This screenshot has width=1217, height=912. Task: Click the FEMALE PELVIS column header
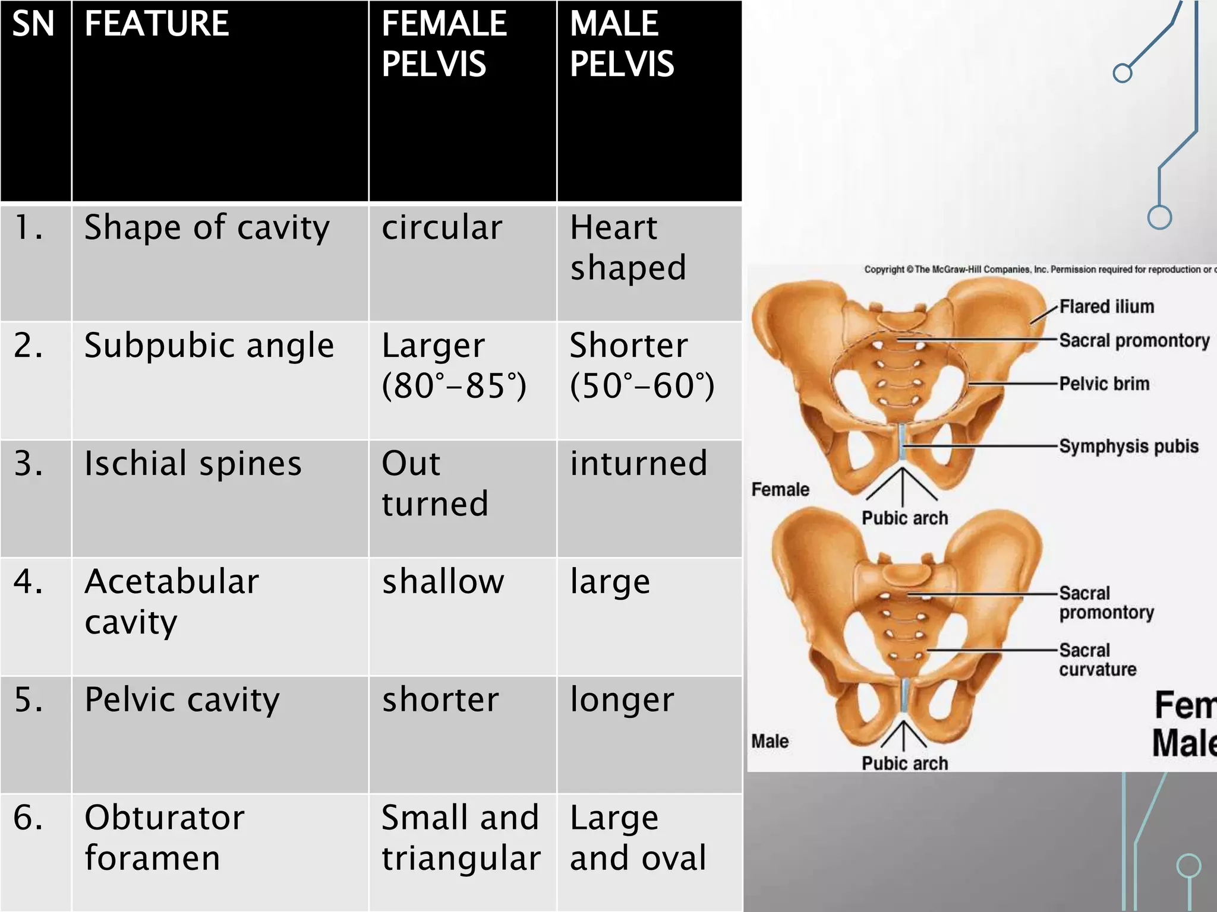pyautogui.click(x=444, y=44)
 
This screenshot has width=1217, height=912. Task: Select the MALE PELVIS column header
pyautogui.click(x=622, y=44)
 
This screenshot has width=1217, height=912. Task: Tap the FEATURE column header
pyautogui.click(x=156, y=24)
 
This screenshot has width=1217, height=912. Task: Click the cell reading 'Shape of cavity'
pyautogui.click(x=207, y=228)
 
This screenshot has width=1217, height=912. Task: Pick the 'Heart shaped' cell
pyautogui.click(x=628, y=247)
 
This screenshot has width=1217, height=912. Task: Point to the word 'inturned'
pyautogui.click(x=639, y=464)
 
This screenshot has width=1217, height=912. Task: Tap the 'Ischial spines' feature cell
pyautogui.click(x=193, y=464)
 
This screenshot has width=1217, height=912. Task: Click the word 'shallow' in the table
pyautogui.click(x=443, y=581)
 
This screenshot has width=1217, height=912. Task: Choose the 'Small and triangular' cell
pyautogui.click(x=461, y=838)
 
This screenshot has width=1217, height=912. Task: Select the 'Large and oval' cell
pyautogui.click(x=638, y=838)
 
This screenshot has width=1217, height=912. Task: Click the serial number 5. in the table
pyautogui.click(x=29, y=699)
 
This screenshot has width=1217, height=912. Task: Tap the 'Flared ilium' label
pyautogui.click(x=1106, y=306)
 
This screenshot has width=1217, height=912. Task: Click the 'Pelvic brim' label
pyautogui.click(x=1104, y=384)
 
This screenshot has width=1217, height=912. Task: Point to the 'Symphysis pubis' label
pyautogui.click(x=1128, y=446)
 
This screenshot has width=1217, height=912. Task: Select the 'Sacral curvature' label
pyautogui.click(x=1098, y=660)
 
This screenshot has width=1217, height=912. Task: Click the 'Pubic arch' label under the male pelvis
pyautogui.click(x=904, y=763)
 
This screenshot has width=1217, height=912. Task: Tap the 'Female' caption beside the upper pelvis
pyautogui.click(x=780, y=489)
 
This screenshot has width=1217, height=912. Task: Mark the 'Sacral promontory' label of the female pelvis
pyautogui.click(x=1134, y=341)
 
